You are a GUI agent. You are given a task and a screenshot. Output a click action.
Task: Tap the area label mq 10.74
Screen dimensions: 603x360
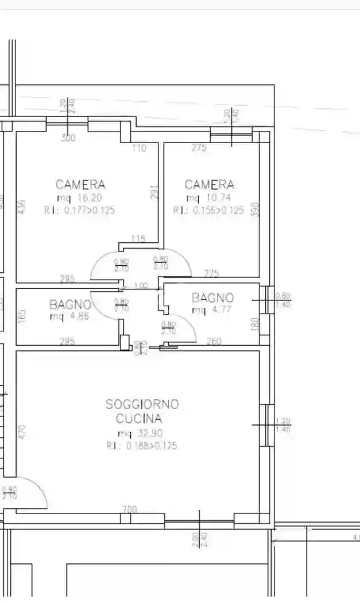click(x=209, y=198)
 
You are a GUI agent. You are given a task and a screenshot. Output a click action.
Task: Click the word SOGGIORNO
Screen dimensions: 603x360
click(x=142, y=404)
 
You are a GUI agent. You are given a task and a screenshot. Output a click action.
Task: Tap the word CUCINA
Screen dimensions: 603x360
click(x=139, y=418)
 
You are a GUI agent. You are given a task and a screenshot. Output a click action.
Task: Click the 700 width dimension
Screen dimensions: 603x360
click(x=130, y=509)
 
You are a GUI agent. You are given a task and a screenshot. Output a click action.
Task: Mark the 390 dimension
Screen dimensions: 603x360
click(x=256, y=209)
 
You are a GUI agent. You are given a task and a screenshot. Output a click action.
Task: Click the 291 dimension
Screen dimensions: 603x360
click(x=154, y=192)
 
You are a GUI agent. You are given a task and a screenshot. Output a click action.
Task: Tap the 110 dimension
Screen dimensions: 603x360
click(x=140, y=148)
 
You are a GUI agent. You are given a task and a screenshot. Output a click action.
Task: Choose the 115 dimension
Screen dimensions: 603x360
click(x=138, y=239)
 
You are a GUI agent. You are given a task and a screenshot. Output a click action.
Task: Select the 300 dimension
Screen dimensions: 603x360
click(x=68, y=138)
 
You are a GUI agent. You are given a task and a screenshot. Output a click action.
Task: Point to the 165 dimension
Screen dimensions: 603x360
click(x=22, y=316)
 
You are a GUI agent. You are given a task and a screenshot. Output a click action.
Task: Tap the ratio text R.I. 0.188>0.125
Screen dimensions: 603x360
click(x=141, y=446)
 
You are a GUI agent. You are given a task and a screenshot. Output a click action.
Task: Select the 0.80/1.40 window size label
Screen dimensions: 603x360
click(x=282, y=300)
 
